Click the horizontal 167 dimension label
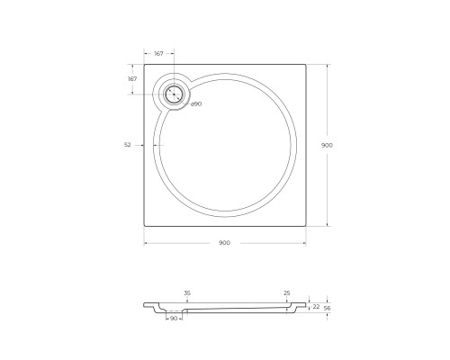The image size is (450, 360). coord(158,54)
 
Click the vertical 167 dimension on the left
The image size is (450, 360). coord(132,79)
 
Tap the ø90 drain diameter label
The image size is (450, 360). coord(196,104)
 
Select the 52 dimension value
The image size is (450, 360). coord(128,145)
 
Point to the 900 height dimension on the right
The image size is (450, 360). coord(327,145)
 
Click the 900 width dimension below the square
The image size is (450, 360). coord(224,243)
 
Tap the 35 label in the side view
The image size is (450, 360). coord(187,293)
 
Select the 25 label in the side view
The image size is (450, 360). coord(287,293)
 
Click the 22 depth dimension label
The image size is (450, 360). coord(316,307)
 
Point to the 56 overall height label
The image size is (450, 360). coord(328,308)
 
